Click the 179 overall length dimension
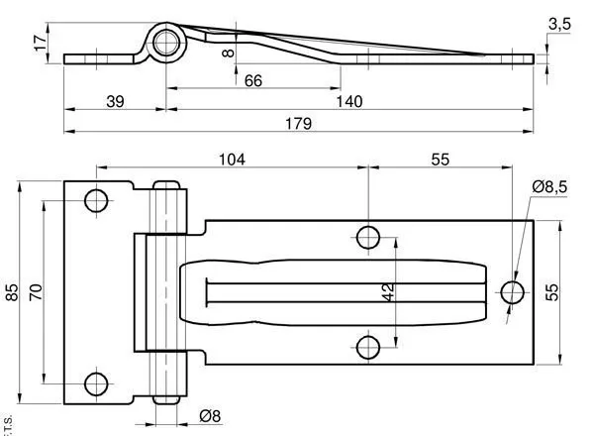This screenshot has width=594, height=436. pos(299,124)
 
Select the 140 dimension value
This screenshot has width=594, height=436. pos(347,100)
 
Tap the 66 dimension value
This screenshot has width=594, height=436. pos(252,80)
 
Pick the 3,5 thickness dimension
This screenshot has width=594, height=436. pos(558,25)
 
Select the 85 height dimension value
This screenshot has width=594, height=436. pos(13,292)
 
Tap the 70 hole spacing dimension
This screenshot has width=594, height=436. pos(36,291)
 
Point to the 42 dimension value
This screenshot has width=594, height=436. pos(388,292)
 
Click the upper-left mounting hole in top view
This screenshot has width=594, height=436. pos(96,201)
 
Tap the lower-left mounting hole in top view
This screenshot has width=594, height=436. pos(96,383)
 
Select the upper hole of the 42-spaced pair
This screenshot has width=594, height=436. pos(367,237)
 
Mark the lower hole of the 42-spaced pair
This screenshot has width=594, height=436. pos(367,347)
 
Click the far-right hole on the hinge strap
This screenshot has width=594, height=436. pos(512,292)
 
